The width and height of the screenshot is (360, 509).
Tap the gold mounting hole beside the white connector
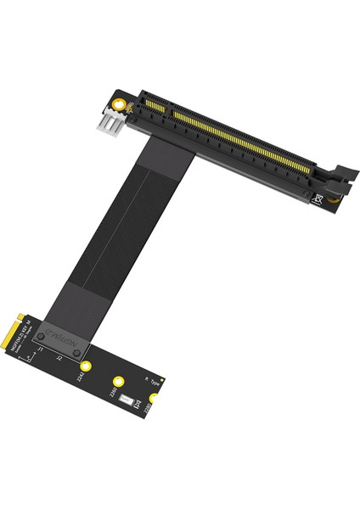click(x=126, y=107)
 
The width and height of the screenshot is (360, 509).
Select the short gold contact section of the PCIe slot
click(x=155, y=109)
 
